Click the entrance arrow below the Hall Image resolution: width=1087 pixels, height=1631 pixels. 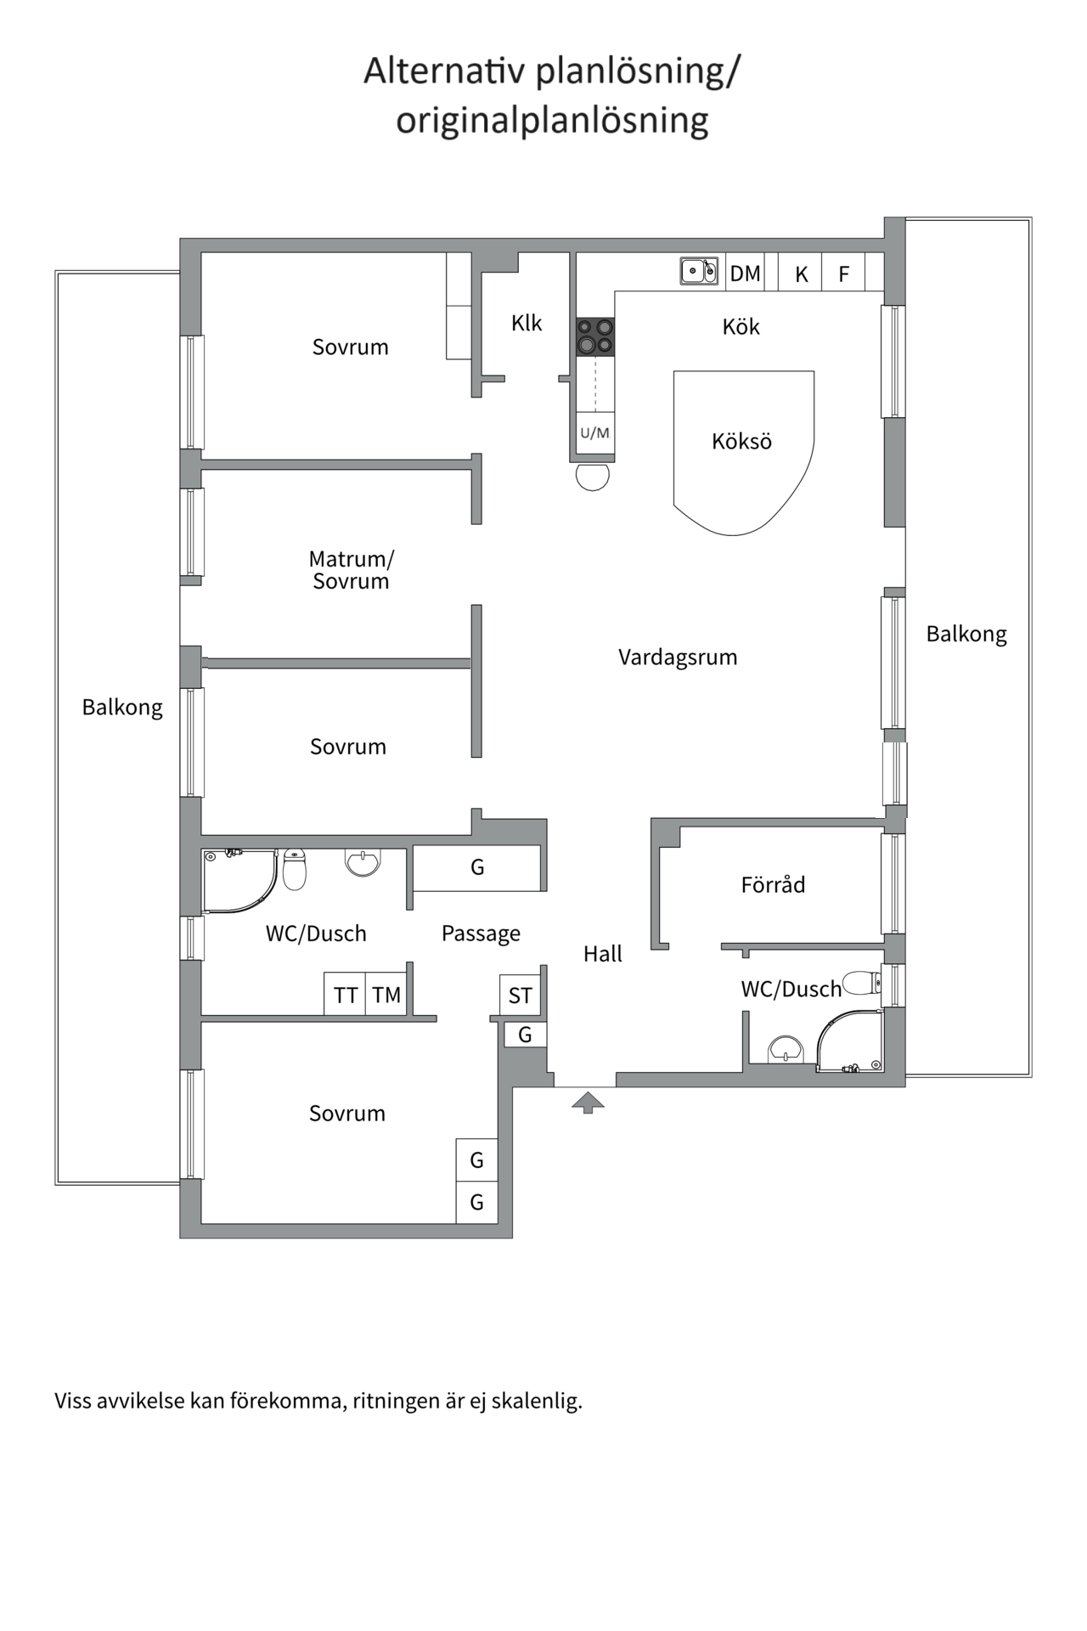point(588,1103)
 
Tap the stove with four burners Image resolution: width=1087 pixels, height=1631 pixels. point(595,336)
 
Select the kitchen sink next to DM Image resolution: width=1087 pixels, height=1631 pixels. point(699,271)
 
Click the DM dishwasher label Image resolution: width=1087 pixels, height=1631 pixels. point(745,274)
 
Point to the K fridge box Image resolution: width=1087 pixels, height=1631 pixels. point(801,274)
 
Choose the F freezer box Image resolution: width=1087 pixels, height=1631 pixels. point(843,274)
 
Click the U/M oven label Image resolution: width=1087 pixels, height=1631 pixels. point(594,433)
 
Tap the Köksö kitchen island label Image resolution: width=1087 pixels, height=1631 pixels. point(741,442)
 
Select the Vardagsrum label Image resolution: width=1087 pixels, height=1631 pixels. point(677,657)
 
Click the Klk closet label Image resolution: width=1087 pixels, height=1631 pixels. point(527,323)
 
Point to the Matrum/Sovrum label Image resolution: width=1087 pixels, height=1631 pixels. point(351,570)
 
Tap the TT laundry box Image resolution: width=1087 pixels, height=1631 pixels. point(345,995)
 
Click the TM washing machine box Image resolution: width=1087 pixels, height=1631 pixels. point(386,995)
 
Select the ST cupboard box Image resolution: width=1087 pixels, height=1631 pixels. point(520,995)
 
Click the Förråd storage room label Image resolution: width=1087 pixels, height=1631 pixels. point(773,885)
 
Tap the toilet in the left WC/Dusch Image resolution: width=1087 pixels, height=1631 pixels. point(294,870)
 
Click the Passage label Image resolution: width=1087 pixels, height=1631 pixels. point(481,934)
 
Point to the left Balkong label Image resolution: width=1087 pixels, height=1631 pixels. point(122,708)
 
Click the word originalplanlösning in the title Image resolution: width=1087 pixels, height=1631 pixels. point(552,121)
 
